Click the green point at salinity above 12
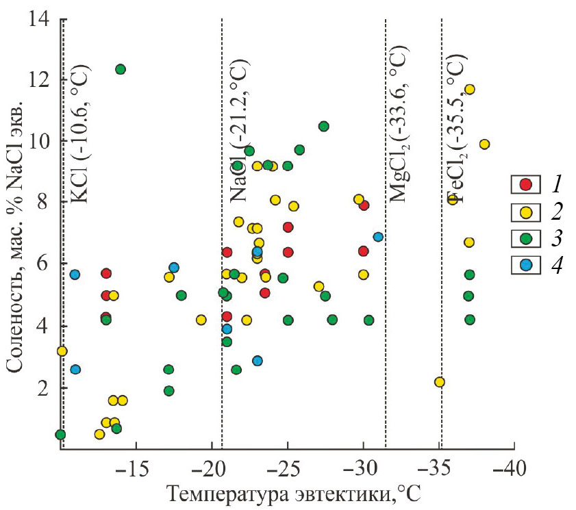(x=121, y=69)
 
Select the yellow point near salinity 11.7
(x=469, y=90)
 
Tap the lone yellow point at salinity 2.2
(x=440, y=382)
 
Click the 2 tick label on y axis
(x=43, y=387)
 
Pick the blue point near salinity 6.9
(x=378, y=237)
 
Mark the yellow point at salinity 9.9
(x=484, y=144)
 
